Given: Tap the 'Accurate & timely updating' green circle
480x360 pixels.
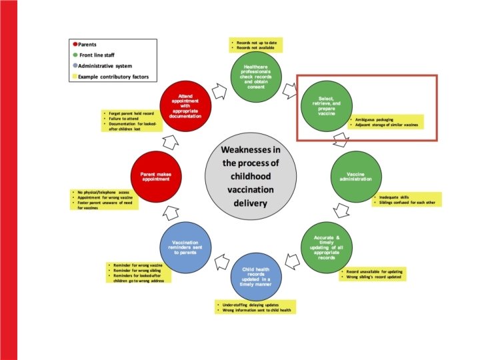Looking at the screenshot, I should click(x=327, y=244).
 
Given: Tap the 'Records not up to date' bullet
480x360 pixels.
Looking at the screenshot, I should click(x=255, y=43).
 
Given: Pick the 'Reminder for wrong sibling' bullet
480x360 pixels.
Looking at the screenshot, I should click(x=137, y=270).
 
